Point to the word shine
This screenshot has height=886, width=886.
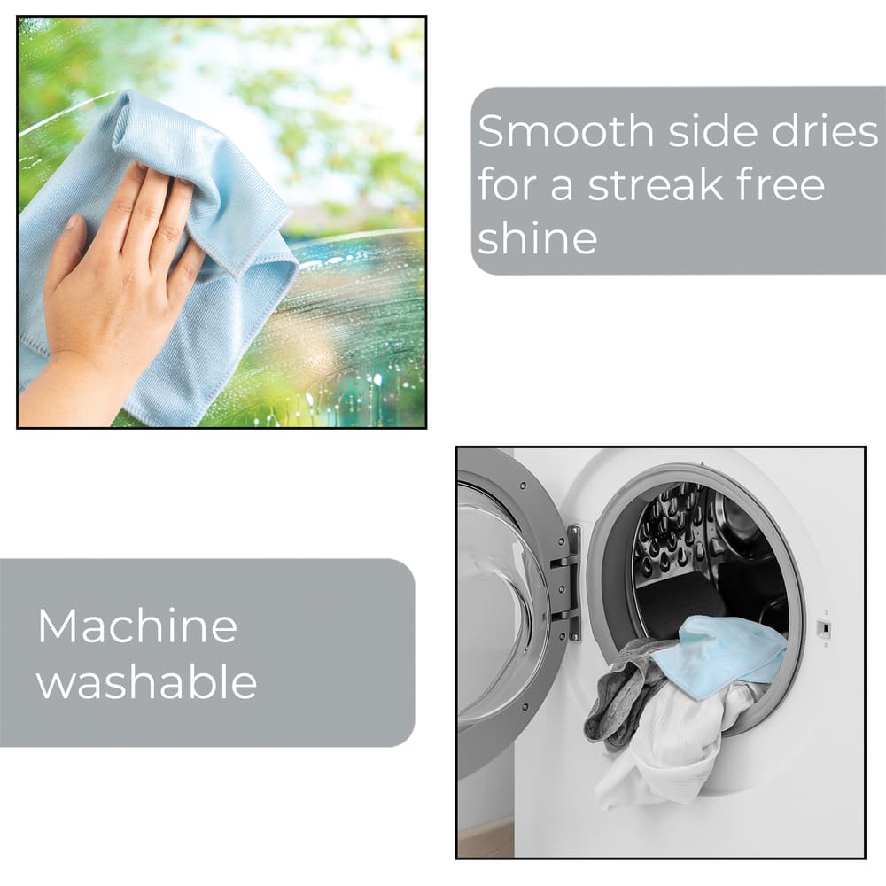point(538,237)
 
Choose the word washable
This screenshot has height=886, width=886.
point(147,680)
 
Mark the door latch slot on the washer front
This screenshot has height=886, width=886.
point(824,627)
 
